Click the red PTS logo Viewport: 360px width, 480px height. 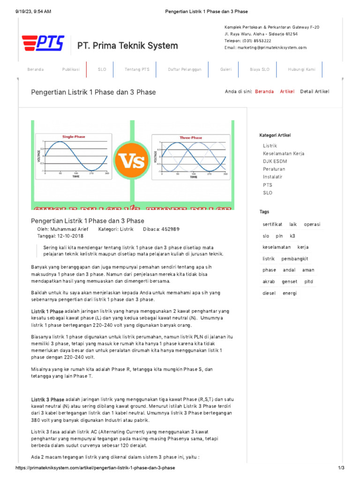43,43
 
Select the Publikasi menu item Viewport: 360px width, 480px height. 71,69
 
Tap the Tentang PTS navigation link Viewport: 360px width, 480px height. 137,69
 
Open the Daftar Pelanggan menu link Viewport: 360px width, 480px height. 185,69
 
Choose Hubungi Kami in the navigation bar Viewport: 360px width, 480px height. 302,69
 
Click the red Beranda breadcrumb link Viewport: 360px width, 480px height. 264,91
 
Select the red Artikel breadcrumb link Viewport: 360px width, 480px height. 287,91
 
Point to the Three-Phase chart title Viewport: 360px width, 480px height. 191,137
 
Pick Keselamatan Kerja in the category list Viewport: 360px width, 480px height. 284,154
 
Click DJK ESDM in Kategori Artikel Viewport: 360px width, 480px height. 275,161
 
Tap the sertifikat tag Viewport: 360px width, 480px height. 272,225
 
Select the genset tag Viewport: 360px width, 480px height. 289,282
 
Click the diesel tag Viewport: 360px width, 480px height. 269,293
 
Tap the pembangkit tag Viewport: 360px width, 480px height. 294,259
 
